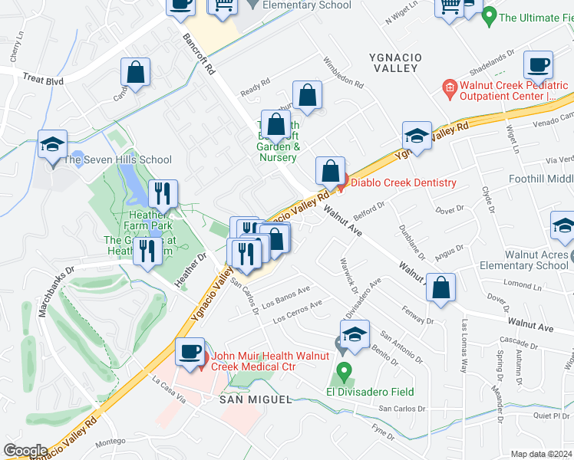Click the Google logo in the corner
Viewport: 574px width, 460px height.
click(26, 451)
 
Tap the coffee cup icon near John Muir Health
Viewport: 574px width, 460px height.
click(190, 352)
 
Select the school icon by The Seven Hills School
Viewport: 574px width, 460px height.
click(52, 144)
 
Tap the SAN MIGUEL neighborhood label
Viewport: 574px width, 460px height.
click(256, 399)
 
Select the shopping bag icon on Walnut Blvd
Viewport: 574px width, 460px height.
click(441, 288)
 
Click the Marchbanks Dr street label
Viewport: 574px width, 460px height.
click(56, 291)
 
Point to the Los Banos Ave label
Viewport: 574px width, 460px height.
click(285, 294)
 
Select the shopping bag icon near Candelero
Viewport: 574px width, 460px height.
click(135, 74)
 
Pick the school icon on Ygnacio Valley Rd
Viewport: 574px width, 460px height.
click(417, 136)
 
